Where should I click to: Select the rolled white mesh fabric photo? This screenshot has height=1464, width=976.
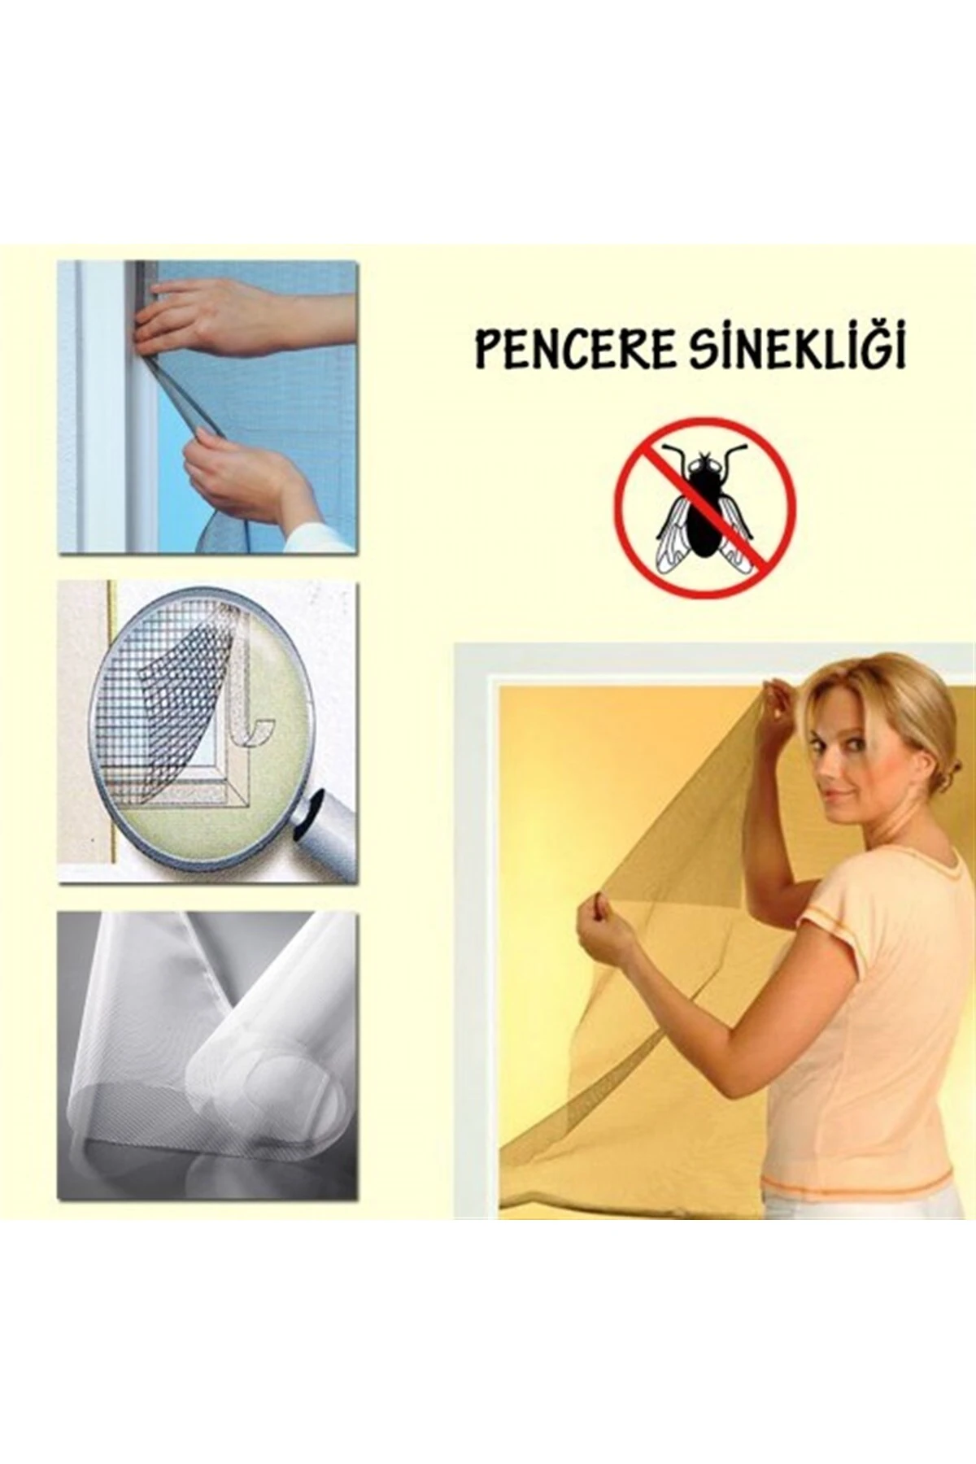(x=207, y=1057)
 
